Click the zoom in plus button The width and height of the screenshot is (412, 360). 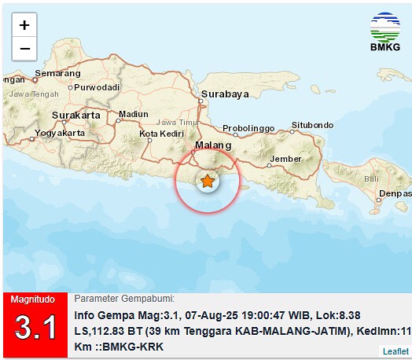coord(24,25)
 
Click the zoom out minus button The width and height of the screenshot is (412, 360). coord(24,48)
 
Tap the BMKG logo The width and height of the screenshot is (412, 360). coord(384,31)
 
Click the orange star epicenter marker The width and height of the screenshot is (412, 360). coord(208,182)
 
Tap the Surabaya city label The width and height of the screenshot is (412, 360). coord(225,94)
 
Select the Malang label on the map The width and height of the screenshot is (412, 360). coord(214,145)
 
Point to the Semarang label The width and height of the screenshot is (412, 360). coord(57,73)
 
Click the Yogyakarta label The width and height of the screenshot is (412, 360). coord(61,133)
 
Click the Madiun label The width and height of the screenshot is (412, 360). coord(132,114)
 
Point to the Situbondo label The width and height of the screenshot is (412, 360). coord(312,124)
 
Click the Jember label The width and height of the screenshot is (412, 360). coord(285,159)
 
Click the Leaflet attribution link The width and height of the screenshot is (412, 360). coord(395,351)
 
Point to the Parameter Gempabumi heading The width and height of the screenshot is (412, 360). coord(124,299)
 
